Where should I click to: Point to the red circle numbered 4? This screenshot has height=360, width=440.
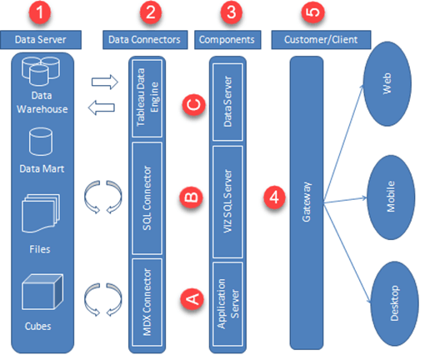pos(271,198)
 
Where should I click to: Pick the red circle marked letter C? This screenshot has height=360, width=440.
pos(192,106)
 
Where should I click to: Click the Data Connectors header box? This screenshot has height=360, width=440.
pos(144,39)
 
